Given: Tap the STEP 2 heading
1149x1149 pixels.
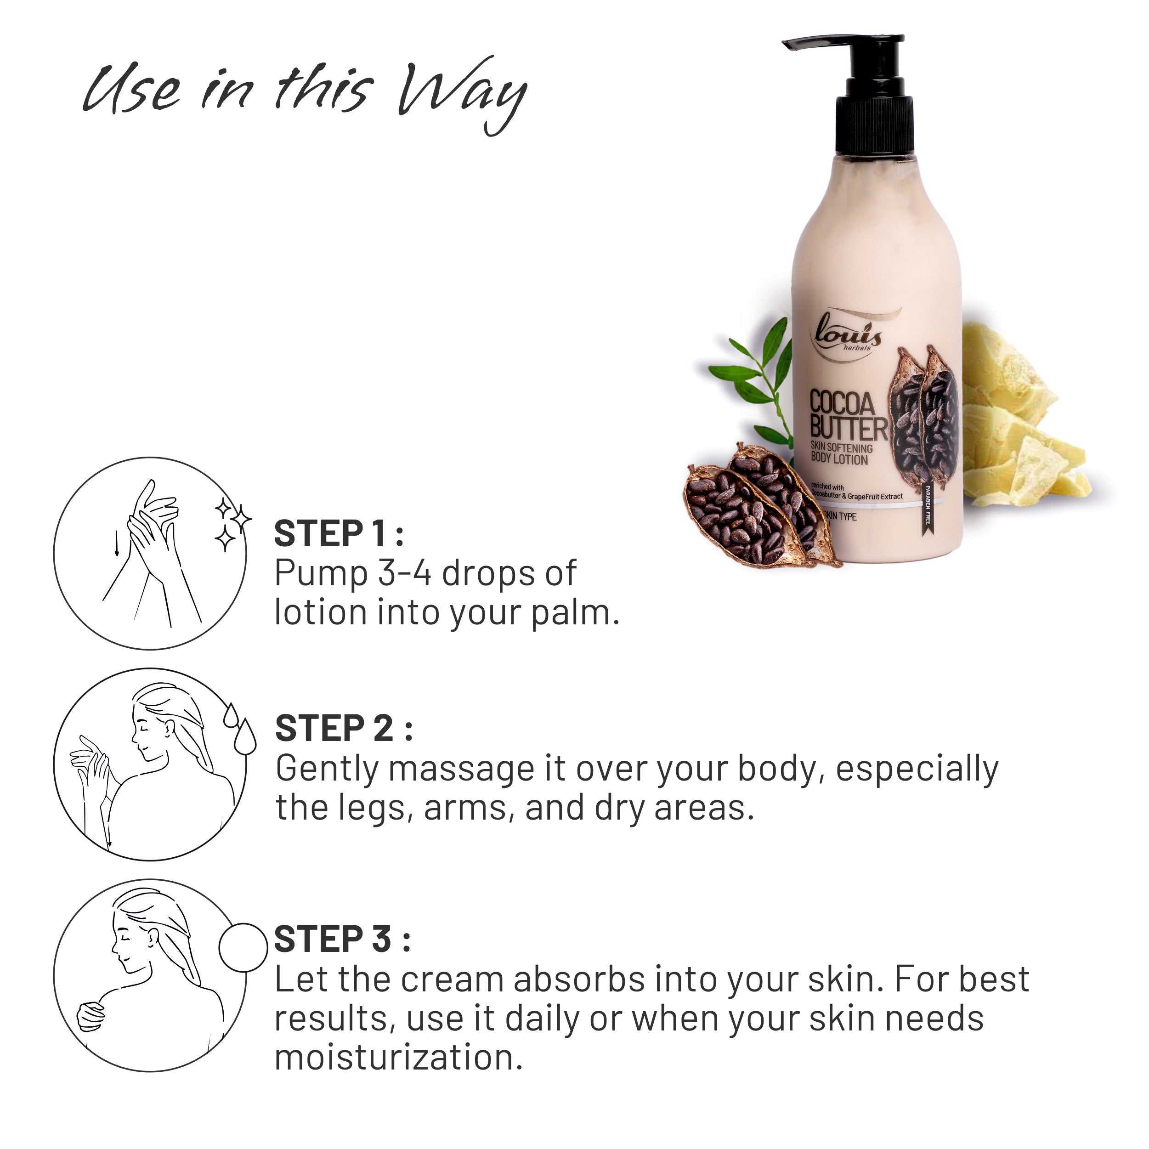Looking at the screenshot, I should (x=343, y=729).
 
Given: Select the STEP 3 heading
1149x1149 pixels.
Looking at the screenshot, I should (x=342, y=940).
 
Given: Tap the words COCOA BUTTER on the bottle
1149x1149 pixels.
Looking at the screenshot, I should (x=848, y=416).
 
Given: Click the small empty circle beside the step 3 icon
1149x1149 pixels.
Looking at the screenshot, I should (x=243, y=947).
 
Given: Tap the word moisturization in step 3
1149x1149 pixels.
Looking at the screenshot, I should (x=398, y=1058).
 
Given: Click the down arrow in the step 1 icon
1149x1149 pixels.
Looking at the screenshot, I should (x=117, y=543).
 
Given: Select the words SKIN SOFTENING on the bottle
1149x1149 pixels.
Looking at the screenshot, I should (x=842, y=447).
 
